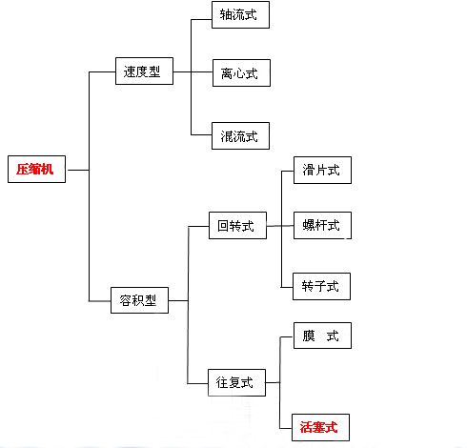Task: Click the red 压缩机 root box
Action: pyautogui.click(x=36, y=169)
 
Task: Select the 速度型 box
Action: pyautogui.click(x=144, y=71)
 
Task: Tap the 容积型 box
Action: pyautogui.click(x=139, y=300)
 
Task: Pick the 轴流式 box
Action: pyautogui.click(x=240, y=14)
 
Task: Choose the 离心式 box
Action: pyautogui.click(x=241, y=72)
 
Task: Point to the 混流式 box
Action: pyautogui.click(x=240, y=135)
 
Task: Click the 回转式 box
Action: pyautogui.click(x=237, y=225)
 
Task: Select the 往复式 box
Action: pyautogui.click(x=236, y=382)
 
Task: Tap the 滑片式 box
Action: pyautogui.click(x=322, y=170)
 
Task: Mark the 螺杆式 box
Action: pyautogui.click(x=322, y=225)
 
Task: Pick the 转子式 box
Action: pyautogui.click(x=321, y=286)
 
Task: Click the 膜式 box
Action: pyautogui.click(x=322, y=336)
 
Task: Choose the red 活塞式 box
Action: pyautogui.click(x=320, y=427)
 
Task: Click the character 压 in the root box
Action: pyautogui.click(x=23, y=169)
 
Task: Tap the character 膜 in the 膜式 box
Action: pyautogui.click(x=309, y=336)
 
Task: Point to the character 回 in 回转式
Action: pyautogui.click(x=223, y=226)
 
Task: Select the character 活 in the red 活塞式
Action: pyautogui.click(x=306, y=427)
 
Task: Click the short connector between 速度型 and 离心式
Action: pyautogui.click(x=193, y=71)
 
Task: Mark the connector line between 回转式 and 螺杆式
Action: pyautogui.click(x=280, y=226)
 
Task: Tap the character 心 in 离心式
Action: pyautogui.click(x=239, y=73)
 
